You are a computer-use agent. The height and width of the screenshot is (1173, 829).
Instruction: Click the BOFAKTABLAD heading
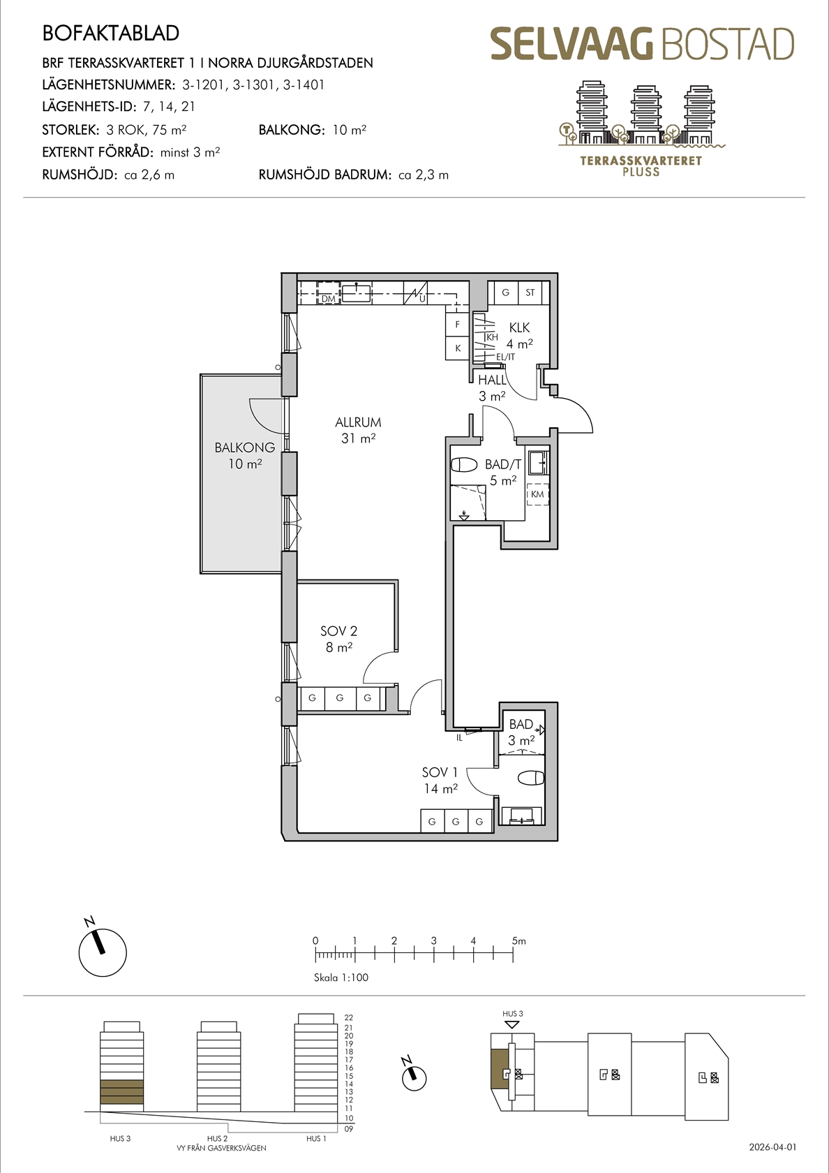click(110, 34)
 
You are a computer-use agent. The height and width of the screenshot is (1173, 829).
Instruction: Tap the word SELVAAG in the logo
click(572, 44)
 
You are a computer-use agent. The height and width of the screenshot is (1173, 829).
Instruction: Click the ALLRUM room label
click(358, 422)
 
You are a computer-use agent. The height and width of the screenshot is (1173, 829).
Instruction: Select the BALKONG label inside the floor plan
click(244, 448)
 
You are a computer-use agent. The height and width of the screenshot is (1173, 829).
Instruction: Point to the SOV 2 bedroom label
click(338, 631)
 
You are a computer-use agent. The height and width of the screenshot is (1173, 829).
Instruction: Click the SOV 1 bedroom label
click(440, 772)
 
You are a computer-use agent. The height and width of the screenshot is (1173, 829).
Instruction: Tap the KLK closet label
click(519, 328)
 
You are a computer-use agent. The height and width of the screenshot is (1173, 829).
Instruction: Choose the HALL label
click(492, 380)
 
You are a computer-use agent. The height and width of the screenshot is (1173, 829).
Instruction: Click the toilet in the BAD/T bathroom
click(464, 464)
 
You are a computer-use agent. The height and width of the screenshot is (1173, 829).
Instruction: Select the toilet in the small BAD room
click(530, 778)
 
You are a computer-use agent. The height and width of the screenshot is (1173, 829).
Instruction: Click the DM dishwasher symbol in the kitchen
click(329, 293)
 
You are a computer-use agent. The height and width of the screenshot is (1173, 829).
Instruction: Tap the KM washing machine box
click(537, 494)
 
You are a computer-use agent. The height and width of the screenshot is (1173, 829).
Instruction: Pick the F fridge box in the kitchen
click(457, 325)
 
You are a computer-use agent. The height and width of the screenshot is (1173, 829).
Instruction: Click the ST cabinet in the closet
click(530, 293)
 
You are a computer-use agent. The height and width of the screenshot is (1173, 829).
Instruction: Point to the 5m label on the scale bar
click(519, 941)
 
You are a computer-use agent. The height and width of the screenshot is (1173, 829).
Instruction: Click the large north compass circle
click(103, 953)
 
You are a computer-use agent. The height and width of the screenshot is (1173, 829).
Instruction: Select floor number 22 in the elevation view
click(349, 1017)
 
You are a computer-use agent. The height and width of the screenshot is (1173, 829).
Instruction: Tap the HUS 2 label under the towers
click(217, 1138)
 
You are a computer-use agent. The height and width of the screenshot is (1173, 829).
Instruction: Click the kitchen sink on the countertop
click(357, 293)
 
